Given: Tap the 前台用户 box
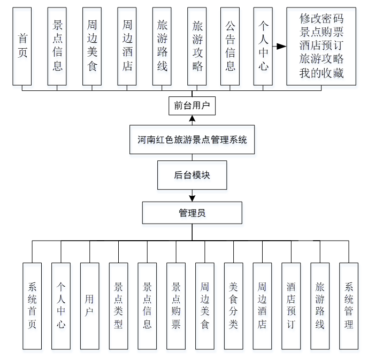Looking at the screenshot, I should (x=192, y=105).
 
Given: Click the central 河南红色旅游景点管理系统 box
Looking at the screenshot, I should (x=192, y=140).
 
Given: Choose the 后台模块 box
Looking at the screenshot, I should (x=192, y=175).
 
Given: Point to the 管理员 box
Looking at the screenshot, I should (x=192, y=212).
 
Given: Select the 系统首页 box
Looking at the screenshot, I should (x=32, y=305).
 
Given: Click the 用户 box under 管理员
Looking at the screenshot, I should (x=89, y=305).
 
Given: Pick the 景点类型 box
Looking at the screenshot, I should (x=118, y=305).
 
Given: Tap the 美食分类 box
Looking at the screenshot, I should (x=233, y=305).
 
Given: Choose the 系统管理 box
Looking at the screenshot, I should (x=349, y=305).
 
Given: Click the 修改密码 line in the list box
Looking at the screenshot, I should (x=321, y=19).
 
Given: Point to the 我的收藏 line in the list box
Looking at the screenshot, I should (x=321, y=73).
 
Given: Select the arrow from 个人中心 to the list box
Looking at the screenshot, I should (x=279, y=47).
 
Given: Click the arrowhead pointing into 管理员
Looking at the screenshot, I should (x=192, y=199).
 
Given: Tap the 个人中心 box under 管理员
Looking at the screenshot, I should (x=61, y=305).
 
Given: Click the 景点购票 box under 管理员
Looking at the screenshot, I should (x=175, y=305).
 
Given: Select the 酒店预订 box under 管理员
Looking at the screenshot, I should (x=291, y=305).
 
